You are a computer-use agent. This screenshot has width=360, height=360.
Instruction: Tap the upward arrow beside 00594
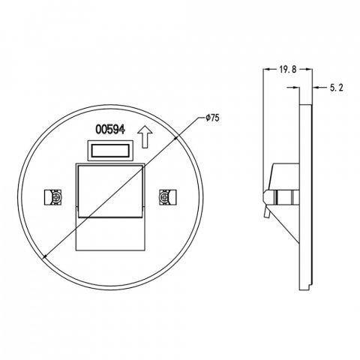tap(147, 136)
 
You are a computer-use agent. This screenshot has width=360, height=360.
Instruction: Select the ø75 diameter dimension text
tap(212, 117)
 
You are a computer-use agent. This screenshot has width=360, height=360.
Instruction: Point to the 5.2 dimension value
tap(337, 88)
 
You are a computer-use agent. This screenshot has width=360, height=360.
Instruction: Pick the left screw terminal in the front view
tap(54, 196)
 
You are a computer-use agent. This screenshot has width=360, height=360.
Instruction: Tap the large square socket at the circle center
tap(109, 193)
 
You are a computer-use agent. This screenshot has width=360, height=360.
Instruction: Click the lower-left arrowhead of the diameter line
tap(46, 258)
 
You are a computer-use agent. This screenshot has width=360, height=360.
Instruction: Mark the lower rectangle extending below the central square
tap(109, 235)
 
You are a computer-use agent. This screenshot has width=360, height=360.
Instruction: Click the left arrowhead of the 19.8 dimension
tap(265, 68)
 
